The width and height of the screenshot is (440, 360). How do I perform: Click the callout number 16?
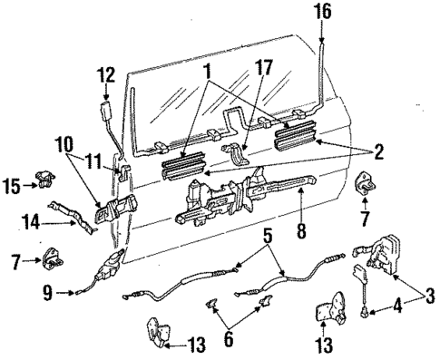pyautogui.click(x=323, y=13)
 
